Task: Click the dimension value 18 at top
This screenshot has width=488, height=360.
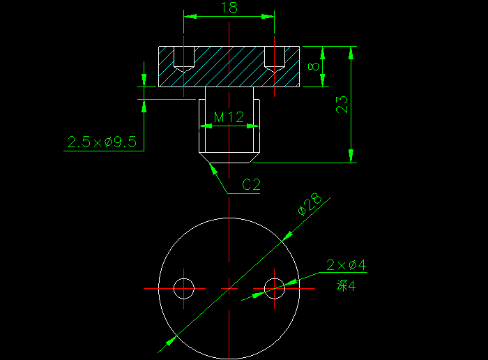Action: click(x=228, y=8)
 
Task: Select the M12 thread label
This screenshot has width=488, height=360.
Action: click(x=229, y=117)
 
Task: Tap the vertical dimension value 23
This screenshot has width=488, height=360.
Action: click(x=342, y=104)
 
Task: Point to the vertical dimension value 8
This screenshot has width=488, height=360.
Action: click(x=314, y=67)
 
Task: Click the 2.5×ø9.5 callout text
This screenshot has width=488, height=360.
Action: click(x=102, y=142)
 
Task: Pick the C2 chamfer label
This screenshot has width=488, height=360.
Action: click(x=251, y=185)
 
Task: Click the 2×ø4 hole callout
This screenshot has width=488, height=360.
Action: click(x=346, y=265)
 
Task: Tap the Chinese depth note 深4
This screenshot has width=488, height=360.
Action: click(x=346, y=285)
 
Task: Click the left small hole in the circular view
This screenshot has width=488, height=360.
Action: click(x=184, y=287)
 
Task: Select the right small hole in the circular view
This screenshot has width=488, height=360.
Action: click(x=275, y=287)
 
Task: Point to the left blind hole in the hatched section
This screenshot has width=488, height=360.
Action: click(x=183, y=59)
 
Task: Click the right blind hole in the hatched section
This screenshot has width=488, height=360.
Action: click(x=275, y=59)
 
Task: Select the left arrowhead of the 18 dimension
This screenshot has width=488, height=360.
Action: click(x=190, y=15)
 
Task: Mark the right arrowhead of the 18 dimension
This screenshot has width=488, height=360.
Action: click(x=268, y=15)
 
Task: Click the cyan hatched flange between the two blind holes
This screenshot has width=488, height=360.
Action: click(x=229, y=66)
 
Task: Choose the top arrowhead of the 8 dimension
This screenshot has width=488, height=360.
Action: click(x=323, y=52)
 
